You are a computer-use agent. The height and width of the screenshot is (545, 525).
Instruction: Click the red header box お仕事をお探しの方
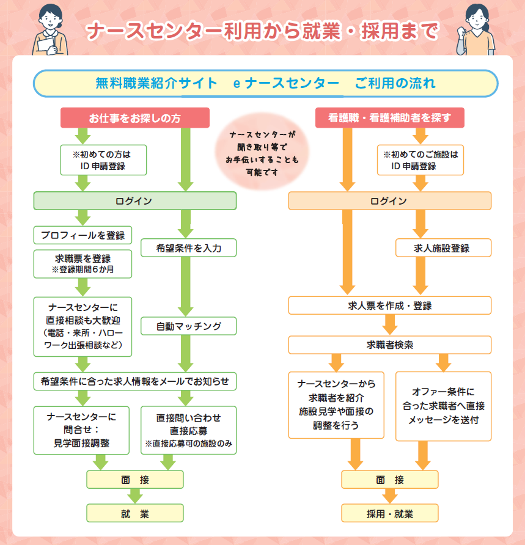[x=134, y=118]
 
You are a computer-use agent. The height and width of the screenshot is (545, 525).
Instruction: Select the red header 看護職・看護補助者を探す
[x=389, y=118]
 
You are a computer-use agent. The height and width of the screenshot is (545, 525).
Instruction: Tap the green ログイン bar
[x=134, y=201]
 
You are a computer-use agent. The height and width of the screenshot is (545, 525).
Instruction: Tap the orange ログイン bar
[x=389, y=201]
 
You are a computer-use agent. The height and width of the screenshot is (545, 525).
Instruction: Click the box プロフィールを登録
[x=83, y=235]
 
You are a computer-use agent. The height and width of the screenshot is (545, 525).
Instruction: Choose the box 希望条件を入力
[x=188, y=247]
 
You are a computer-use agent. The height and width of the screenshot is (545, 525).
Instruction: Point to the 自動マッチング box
[x=188, y=326]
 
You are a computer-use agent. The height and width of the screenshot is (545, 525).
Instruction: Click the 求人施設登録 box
[x=443, y=247]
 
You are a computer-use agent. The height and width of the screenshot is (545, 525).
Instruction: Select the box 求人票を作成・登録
[x=389, y=305]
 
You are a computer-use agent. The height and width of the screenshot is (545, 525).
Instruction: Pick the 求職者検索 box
[x=389, y=345]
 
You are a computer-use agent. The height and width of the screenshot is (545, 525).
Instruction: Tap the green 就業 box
[x=134, y=513]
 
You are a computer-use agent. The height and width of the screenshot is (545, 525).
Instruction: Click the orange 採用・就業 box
[x=389, y=513]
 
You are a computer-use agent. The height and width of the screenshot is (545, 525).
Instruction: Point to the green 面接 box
[x=134, y=480]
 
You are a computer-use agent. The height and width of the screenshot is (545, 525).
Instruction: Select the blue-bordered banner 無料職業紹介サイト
[x=265, y=83]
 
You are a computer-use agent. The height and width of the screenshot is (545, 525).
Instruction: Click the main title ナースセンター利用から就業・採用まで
[x=262, y=31]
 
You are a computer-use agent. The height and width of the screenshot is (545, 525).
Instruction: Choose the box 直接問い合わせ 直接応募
[x=188, y=430]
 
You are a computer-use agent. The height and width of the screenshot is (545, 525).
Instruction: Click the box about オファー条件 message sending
[x=443, y=406]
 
